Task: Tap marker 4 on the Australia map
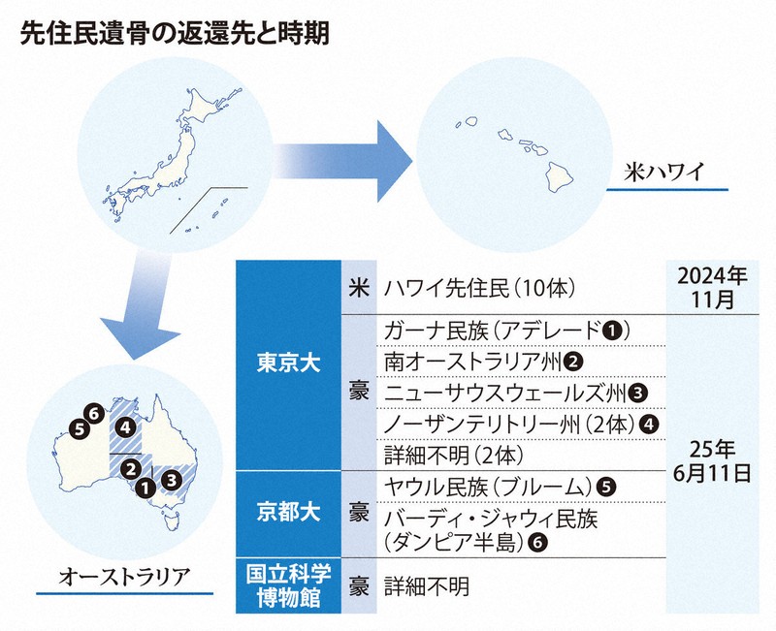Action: coord(123,426)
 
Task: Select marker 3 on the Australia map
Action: coord(170,478)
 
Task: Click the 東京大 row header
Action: coord(289,365)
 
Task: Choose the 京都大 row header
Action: coord(289,512)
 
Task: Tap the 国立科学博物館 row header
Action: coord(289,584)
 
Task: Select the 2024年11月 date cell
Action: coord(713,288)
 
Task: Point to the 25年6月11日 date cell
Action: coord(713,461)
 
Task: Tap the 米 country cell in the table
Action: coord(357,288)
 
